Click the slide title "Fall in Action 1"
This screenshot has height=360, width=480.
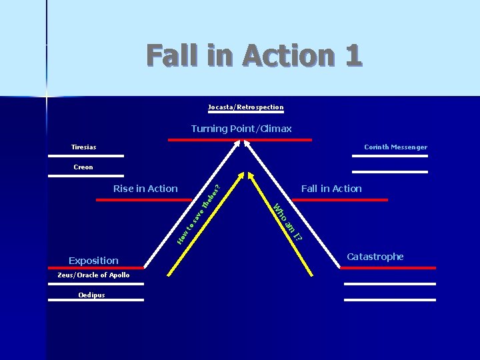[253, 55]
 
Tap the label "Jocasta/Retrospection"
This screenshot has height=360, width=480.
[245, 107]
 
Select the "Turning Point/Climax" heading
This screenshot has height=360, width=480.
[241, 129]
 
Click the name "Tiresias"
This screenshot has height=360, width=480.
[83, 147]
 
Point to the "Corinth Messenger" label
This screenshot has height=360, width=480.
[395, 147]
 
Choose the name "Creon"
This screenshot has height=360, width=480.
[83, 167]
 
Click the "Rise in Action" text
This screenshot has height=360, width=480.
[145, 189]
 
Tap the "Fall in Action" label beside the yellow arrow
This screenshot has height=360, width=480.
[331, 189]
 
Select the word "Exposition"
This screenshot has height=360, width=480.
[93, 261]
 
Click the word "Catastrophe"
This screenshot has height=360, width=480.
[375, 257]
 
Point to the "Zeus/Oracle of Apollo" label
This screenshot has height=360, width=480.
[89, 275]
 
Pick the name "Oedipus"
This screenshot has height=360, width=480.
[91, 295]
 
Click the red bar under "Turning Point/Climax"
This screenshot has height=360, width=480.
[240, 140]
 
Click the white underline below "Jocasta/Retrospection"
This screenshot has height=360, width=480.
[245, 113]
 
